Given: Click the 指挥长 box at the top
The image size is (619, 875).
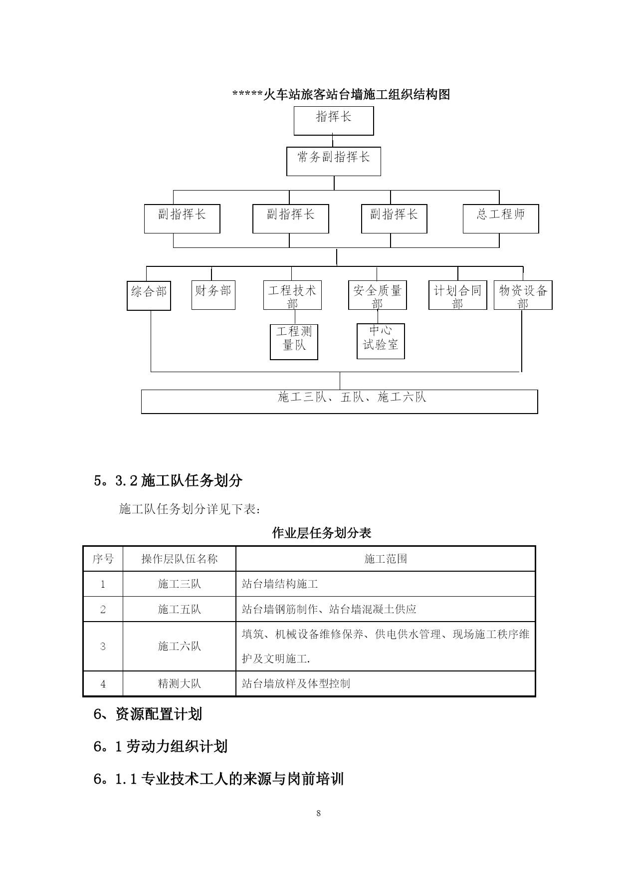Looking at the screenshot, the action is [x=333, y=121].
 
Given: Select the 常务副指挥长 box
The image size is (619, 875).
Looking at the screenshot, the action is [x=333, y=161].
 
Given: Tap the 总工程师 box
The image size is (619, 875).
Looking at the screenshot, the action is [x=501, y=219].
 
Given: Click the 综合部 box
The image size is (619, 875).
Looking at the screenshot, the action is [x=149, y=296].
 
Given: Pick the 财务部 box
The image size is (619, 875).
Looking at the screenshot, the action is [x=213, y=295].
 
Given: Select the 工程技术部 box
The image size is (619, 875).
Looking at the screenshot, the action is [x=292, y=295].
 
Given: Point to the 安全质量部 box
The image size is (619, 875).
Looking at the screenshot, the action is [x=378, y=295].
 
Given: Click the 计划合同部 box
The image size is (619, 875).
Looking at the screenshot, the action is [x=458, y=295].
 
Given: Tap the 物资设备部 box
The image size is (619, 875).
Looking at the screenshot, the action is [x=523, y=295].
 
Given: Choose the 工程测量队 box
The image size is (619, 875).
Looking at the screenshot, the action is [x=294, y=342].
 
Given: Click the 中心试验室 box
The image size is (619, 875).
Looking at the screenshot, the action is [x=381, y=341].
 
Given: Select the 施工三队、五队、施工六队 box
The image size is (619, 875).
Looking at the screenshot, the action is [x=339, y=402].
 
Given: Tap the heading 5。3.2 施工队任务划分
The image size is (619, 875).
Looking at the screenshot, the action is [x=168, y=480].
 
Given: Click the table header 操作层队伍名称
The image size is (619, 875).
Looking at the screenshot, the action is [x=180, y=559].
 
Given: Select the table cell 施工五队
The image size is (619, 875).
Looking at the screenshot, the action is [x=180, y=609].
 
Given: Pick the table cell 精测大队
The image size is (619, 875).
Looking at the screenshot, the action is [x=180, y=683].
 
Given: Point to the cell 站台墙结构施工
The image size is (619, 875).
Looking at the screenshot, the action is [x=280, y=584].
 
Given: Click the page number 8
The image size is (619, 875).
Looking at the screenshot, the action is [x=319, y=814].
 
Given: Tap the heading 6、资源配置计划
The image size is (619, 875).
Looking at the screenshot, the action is [x=148, y=714].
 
